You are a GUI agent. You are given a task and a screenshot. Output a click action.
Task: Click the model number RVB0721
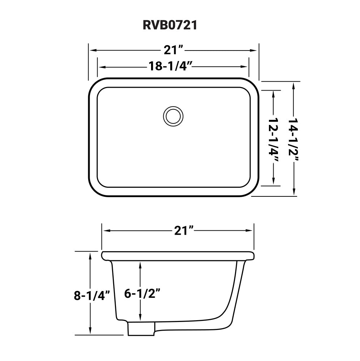170,25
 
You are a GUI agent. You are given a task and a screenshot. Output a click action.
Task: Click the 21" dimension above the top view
173,50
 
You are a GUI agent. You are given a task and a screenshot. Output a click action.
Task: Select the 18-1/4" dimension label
170,66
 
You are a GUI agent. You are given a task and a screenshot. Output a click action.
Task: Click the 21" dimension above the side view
184,230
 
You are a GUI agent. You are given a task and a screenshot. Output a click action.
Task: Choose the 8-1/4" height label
92,295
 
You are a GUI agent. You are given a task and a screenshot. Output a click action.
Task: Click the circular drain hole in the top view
173,116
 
